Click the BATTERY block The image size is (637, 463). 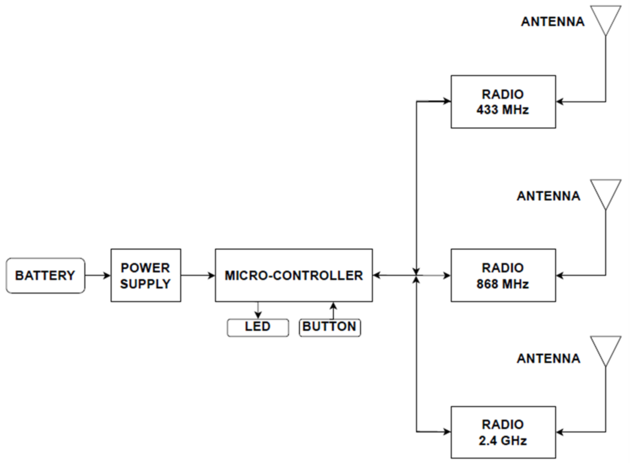[45, 276]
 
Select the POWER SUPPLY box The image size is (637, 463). [146, 276]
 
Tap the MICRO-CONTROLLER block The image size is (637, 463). [294, 276]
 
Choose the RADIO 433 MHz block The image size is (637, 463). [503, 102]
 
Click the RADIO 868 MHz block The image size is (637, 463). [503, 276]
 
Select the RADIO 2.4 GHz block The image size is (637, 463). [503, 432]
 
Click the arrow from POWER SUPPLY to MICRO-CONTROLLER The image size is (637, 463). [198, 276]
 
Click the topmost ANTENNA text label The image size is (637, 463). [552, 22]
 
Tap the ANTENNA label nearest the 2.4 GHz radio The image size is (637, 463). [548, 359]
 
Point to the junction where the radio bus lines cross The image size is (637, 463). [416, 276]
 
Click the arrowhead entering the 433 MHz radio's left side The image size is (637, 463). [447, 101]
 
